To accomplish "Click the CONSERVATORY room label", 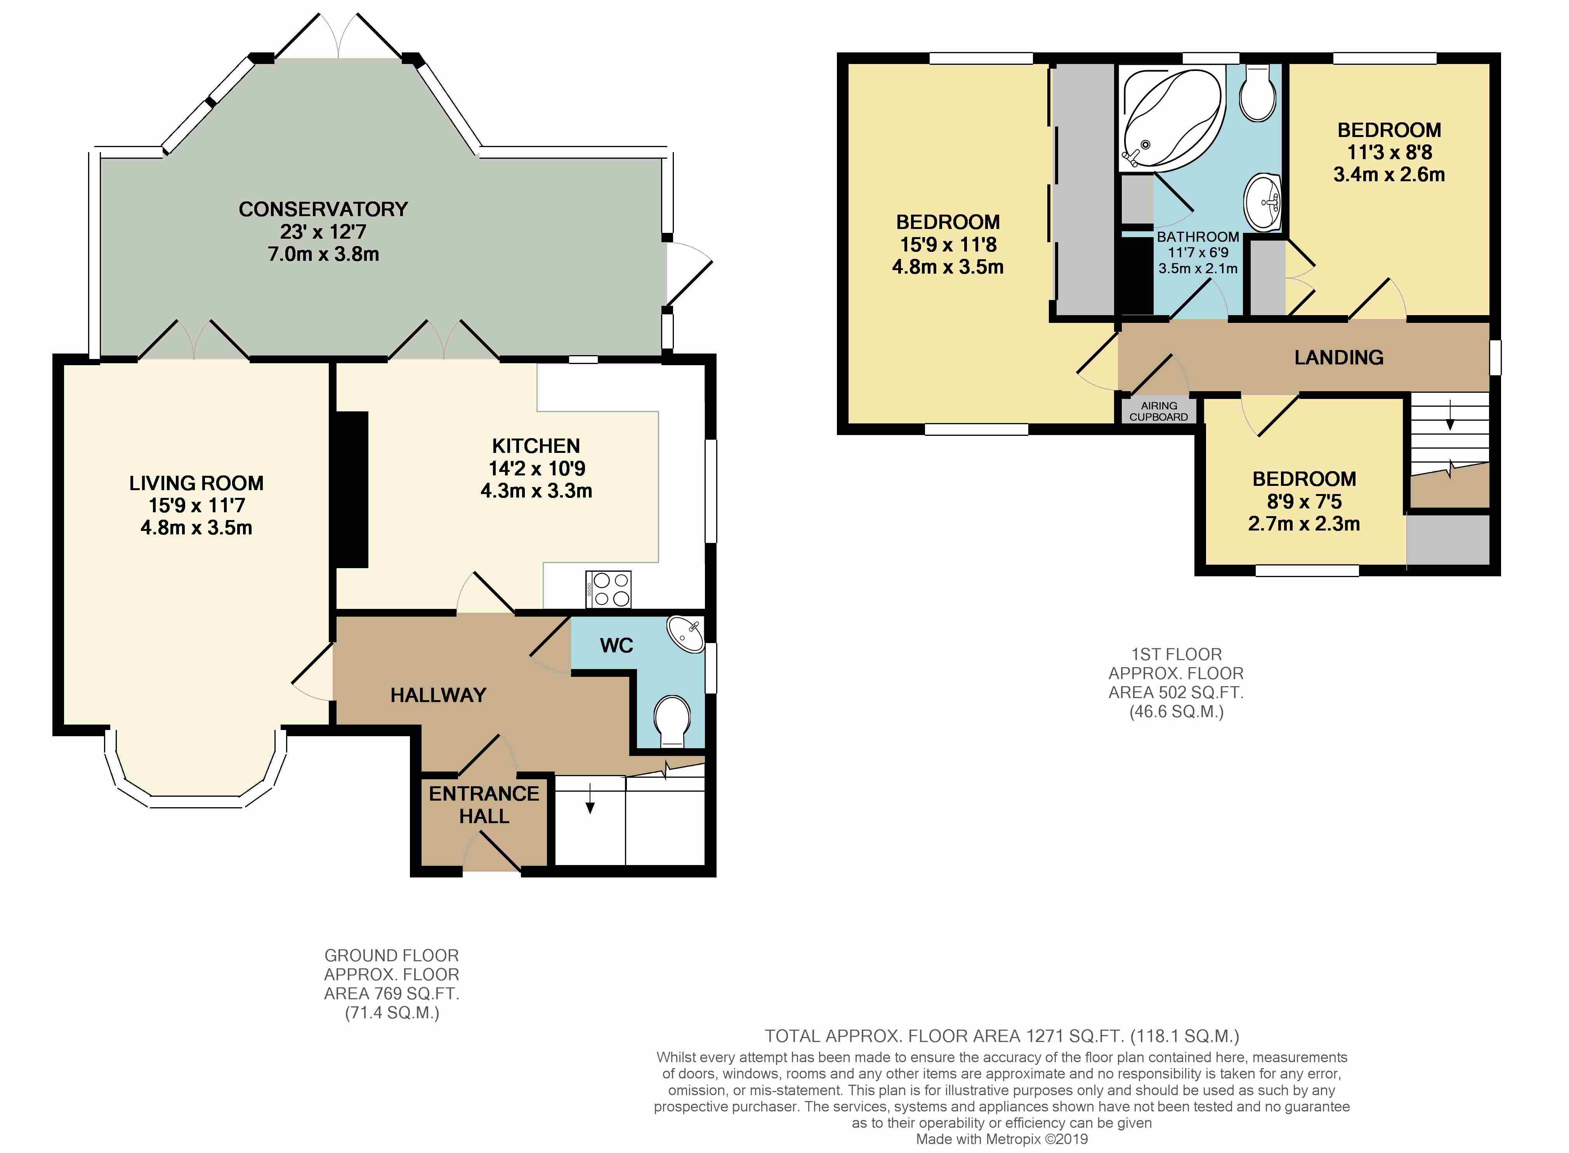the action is tap(323, 210).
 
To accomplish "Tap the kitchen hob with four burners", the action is tap(609, 589).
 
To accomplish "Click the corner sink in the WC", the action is tap(686, 633).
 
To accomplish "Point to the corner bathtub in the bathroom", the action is tap(1171, 119).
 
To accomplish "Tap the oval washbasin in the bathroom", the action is tap(1263, 203).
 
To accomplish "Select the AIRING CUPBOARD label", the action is tap(1159, 411).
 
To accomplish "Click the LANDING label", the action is tap(1339, 357).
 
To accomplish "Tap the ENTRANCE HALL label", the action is tap(484, 805).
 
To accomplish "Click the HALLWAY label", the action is tap(438, 695).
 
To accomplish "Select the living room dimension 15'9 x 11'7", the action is tap(197, 505).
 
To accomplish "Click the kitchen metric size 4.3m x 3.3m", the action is tap(536, 491).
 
